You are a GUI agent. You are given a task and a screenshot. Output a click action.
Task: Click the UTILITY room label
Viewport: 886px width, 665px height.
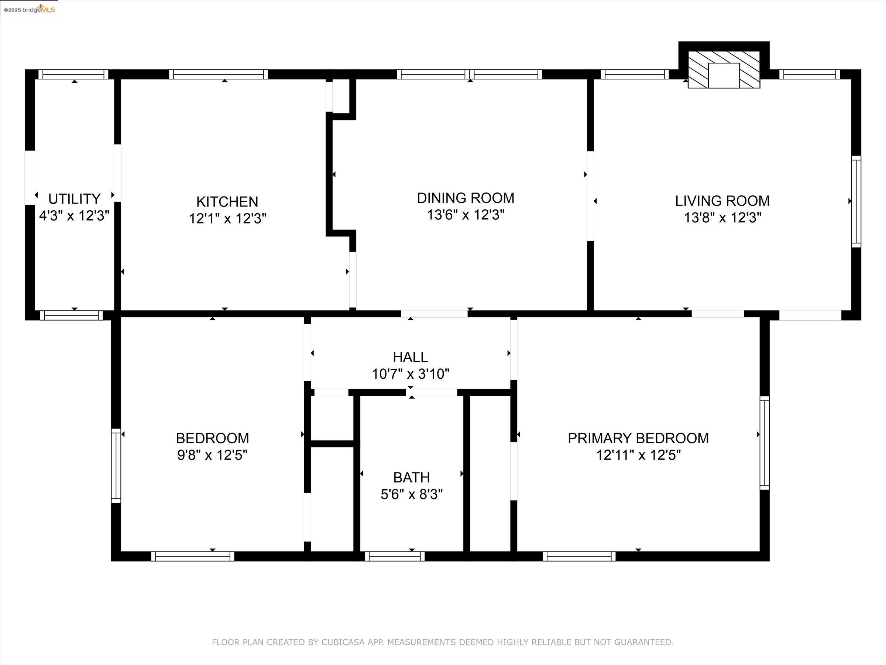[75, 199]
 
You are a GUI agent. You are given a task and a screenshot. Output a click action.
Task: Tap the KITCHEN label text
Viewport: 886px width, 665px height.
[227, 201]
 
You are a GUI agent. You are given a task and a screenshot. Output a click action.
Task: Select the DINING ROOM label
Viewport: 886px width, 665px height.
[466, 198]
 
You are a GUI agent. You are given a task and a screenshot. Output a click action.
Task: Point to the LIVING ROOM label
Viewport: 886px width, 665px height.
[722, 201]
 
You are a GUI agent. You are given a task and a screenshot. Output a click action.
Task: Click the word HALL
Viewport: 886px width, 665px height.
[410, 357]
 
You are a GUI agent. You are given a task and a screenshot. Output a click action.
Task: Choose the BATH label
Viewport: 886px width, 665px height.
[411, 477]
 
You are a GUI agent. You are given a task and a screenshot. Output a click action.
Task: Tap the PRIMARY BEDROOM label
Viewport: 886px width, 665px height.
[638, 438]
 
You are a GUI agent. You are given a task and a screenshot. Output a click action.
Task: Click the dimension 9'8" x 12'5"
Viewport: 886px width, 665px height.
[212, 455]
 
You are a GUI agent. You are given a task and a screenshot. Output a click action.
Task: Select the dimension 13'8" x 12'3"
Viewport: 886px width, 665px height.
[722, 218]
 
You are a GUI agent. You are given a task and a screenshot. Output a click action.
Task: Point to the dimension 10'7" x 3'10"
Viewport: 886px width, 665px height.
[411, 374]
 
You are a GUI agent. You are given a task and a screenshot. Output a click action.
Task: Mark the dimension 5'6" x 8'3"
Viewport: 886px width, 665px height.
[411, 494]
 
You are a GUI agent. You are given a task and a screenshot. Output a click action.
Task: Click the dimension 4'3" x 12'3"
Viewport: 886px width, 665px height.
[74, 216]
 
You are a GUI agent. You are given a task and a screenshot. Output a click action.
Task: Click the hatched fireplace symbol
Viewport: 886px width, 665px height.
[724, 69]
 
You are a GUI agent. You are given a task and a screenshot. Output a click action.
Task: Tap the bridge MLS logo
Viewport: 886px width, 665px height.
[29, 9]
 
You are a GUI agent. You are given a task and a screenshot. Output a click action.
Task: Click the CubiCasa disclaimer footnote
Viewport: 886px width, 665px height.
[443, 642]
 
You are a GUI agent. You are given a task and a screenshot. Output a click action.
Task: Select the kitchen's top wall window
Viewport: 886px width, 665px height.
[218, 74]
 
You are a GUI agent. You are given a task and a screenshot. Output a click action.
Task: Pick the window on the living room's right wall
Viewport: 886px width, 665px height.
[856, 201]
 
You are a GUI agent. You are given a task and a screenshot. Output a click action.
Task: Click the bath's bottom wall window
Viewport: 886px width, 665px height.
[395, 556]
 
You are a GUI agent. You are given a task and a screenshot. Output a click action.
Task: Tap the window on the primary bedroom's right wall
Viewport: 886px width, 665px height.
[765, 443]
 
